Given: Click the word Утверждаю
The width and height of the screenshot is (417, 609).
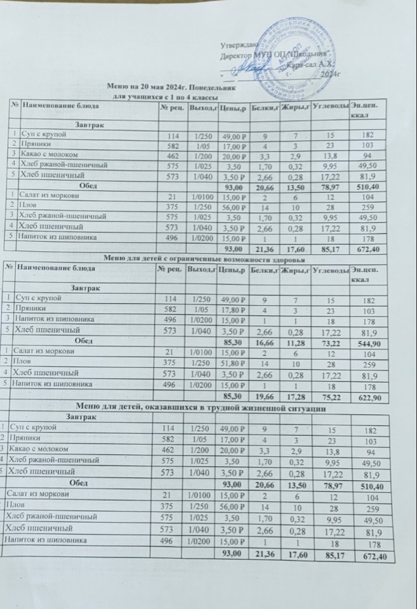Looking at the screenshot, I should click(238, 46).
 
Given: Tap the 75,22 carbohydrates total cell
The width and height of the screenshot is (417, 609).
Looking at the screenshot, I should click(330, 396).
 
